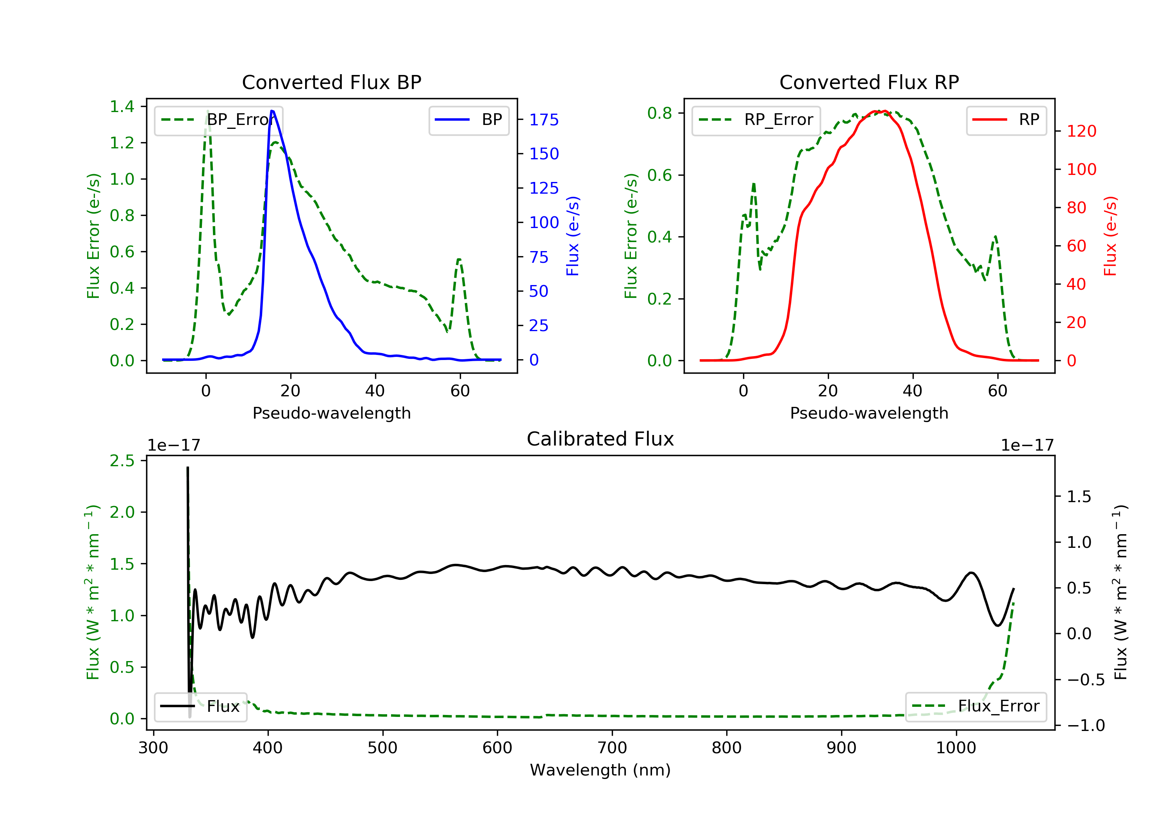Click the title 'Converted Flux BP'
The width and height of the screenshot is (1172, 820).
[x=331, y=82]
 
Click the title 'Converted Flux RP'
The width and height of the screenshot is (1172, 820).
[x=869, y=82]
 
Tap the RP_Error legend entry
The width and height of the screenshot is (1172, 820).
[x=756, y=120]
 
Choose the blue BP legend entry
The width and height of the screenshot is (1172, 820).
[x=468, y=120]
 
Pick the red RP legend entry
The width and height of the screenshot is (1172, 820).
[x=1006, y=120]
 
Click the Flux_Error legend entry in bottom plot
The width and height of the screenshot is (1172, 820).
[x=975, y=706]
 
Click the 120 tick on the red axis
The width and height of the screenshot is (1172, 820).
[x=1081, y=131]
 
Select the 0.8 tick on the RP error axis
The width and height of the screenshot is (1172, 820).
[x=659, y=113]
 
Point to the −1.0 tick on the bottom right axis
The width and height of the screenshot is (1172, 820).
[x=1085, y=725]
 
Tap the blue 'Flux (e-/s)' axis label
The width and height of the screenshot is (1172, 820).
[x=573, y=236]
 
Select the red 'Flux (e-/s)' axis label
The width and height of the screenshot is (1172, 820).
[x=1110, y=236]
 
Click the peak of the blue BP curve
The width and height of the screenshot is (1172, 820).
[x=272, y=111]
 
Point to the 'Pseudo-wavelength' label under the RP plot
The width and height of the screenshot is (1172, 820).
[x=869, y=413]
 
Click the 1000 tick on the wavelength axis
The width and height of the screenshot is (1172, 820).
[x=956, y=748]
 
